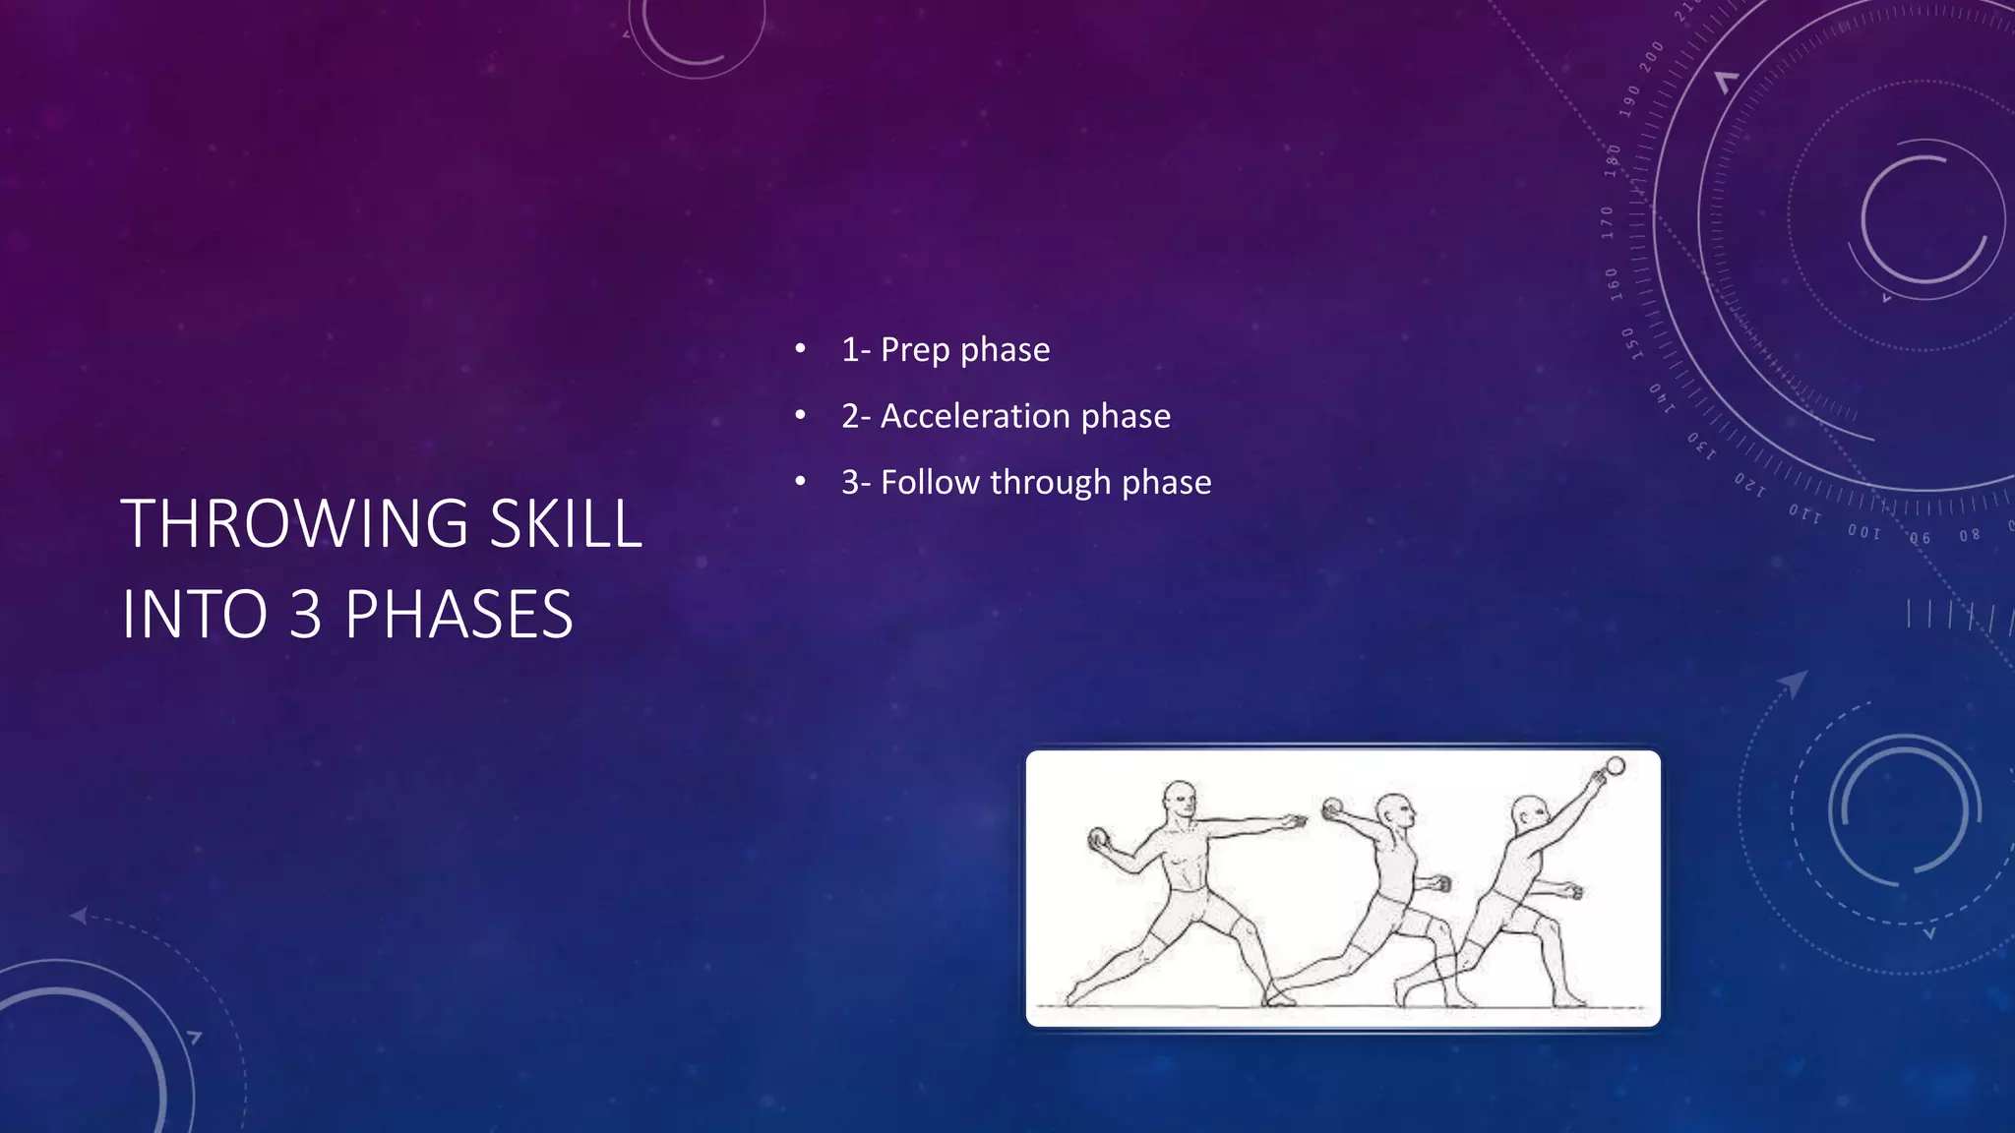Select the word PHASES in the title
point(458,615)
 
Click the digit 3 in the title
point(305,615)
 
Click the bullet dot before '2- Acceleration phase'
point(801,416)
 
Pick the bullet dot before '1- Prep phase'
point(801,349)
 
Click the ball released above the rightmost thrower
point(1615,766)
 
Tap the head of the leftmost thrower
point(1180,799)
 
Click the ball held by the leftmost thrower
point(1099,838)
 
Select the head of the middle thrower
point(1394,812)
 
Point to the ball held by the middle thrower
point(1333,807)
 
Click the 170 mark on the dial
point(1608,222)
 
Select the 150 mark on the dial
point(1629,344)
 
